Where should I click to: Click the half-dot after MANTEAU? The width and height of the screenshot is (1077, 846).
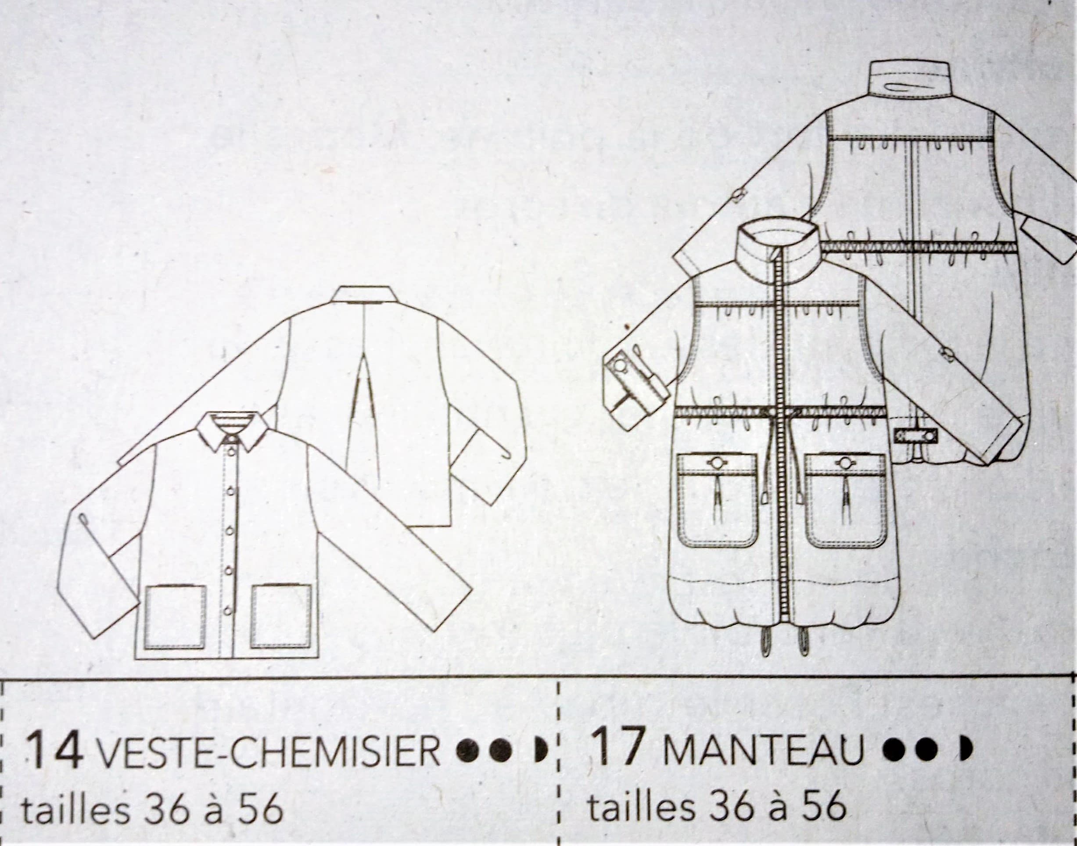click(966, 750)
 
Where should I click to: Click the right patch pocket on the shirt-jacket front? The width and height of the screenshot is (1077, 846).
click(281, 616)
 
